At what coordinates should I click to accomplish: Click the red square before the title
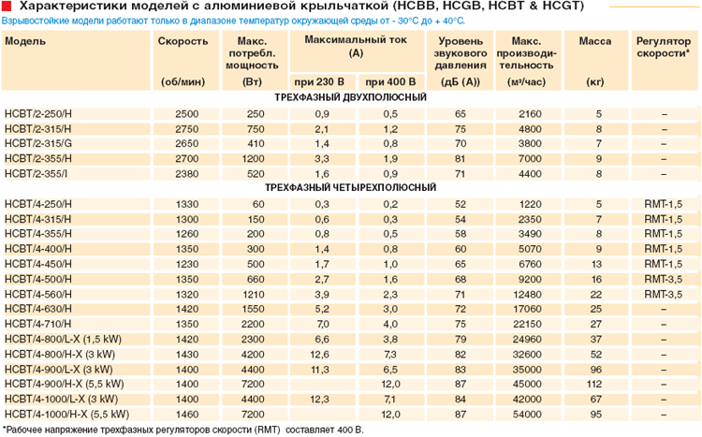[x=7, y=6]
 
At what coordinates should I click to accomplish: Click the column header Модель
[x=25, y=41]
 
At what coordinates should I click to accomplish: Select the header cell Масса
[x=595, y=41]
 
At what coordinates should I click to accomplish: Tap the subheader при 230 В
[x=319, y=82]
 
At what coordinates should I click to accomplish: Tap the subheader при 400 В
[x=390, y=82]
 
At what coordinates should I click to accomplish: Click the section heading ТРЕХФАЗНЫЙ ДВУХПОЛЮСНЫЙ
[x=351, y=97]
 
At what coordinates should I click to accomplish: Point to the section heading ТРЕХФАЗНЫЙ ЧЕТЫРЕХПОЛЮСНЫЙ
[x=351, y=187]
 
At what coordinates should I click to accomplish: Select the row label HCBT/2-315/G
[x=38, y=144]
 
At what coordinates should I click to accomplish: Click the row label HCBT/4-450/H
[x=38, y=264]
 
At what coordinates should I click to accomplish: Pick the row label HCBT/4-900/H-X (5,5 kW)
[x=64, y=385]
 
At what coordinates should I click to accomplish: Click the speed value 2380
[x=186, y=174]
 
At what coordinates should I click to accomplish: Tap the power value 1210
[x=253, y=294]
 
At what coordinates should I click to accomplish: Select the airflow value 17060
[x=527, y=310]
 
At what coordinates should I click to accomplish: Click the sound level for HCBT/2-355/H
[x=460, y=159]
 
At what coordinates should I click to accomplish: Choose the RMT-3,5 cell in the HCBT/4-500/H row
[x=663, y=280]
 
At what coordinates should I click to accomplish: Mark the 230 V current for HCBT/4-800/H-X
[x=319, y=355]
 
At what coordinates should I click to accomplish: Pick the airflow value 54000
[x=527, y=415]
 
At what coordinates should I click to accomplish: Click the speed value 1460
[x=186, y=415]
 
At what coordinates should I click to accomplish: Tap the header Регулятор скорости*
[x=664, y=47]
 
